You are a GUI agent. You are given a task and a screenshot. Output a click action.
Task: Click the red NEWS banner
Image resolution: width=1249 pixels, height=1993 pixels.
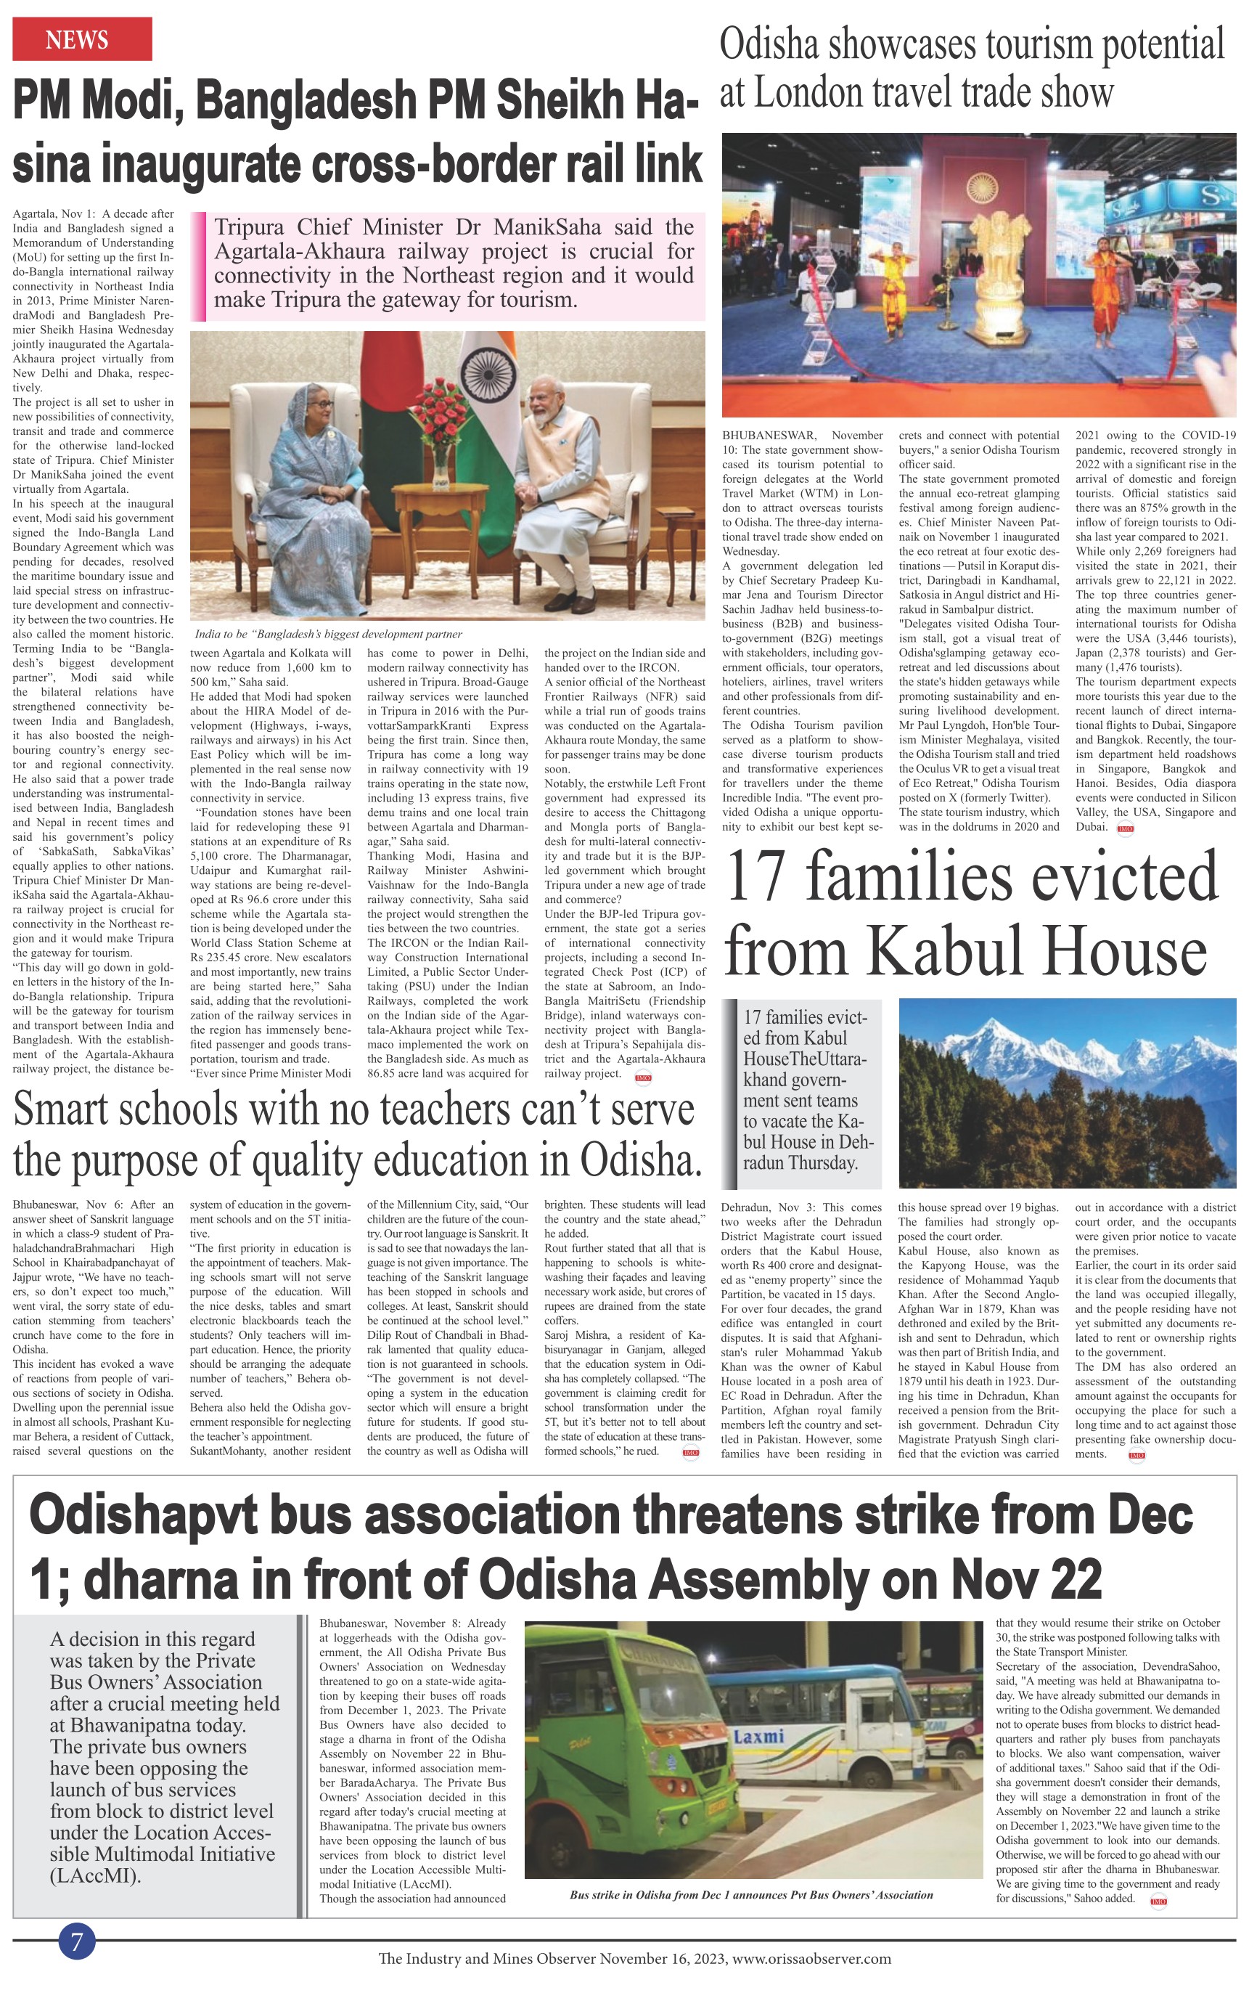point(82,38)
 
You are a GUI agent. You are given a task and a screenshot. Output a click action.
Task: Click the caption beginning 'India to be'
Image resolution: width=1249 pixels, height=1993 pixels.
point(328,634)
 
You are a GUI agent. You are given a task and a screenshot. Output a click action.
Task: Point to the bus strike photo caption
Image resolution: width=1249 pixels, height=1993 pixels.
point(751,1895)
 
